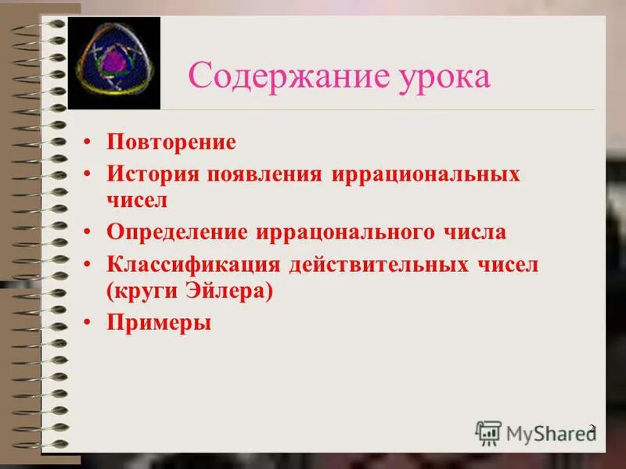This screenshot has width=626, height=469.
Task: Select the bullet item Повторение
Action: pos(171,141)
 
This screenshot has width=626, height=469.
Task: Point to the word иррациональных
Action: pos(426,172)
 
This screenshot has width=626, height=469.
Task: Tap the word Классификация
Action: pos(193,263)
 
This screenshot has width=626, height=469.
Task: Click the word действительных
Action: pos(375,263)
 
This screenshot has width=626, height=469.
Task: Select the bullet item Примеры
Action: pos(159,321)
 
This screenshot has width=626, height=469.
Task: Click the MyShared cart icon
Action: pos(488,432)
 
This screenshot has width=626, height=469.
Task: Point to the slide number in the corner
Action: pos(592,428)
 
